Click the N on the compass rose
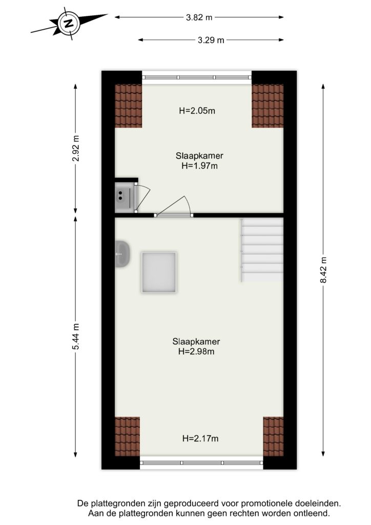click(69, 24)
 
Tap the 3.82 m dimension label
click(199, 17)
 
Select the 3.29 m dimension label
click(211, 40)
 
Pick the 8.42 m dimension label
click(323, 270)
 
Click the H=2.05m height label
click(197, 111)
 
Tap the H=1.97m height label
click(200, 166)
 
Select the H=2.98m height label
click(196, 351)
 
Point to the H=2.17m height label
click(200, 438)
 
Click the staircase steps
click(262, 250)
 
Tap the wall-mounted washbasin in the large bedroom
click(122, 254)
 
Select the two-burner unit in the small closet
click(124, 197)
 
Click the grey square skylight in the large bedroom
click(159, 273)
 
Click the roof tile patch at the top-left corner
click(129, 106)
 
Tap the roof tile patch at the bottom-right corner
click(273, 437)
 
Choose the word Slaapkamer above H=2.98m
click(196, 341)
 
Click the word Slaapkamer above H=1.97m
click(200, 156)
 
